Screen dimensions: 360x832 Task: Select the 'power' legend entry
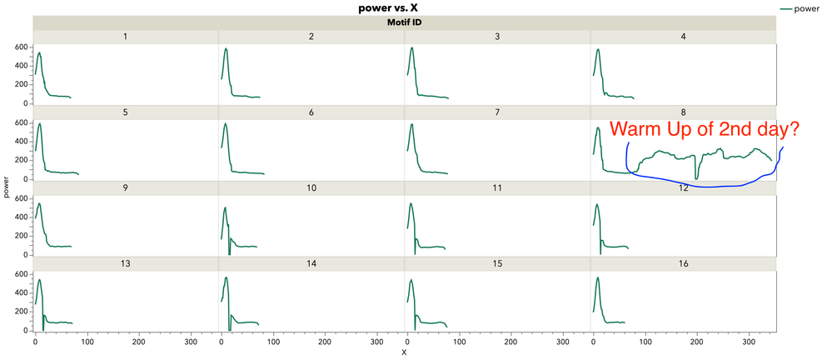pyautogui.click(x=806, y=8)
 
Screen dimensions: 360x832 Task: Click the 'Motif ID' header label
pyautogui.click(x=404, y=22)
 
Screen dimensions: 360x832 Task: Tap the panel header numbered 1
pyautogui.click(x=125, y=37)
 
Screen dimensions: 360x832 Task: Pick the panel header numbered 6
pyautogui.click(x=311, y=112)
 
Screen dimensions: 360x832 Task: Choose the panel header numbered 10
pyautogui.click(x=311, y=188)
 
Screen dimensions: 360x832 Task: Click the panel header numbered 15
pyautogui.click(x=497, y=264)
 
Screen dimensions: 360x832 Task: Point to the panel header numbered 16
pyautogui.click(x=683, y=264)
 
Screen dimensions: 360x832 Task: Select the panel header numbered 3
pyautogui.click(x=497, y=37)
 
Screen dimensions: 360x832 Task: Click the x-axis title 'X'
pyautogui.click(x=404, y=353)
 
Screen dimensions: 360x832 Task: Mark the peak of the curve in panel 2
pyautogui.click(x=226, y=48)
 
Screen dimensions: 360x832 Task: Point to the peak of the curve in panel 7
pyautogui.click(x=411, y=124)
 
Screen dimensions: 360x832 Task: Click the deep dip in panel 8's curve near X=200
pyautogui.click(x=696, y=177)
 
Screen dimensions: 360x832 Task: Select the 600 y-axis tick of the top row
pyautogui.click(x=22, y=47)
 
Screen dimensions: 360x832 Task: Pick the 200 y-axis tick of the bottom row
pyautogui.click(x=22, y=312)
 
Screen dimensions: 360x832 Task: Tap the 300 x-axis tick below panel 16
pyautogui.click(x=748, y=341)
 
